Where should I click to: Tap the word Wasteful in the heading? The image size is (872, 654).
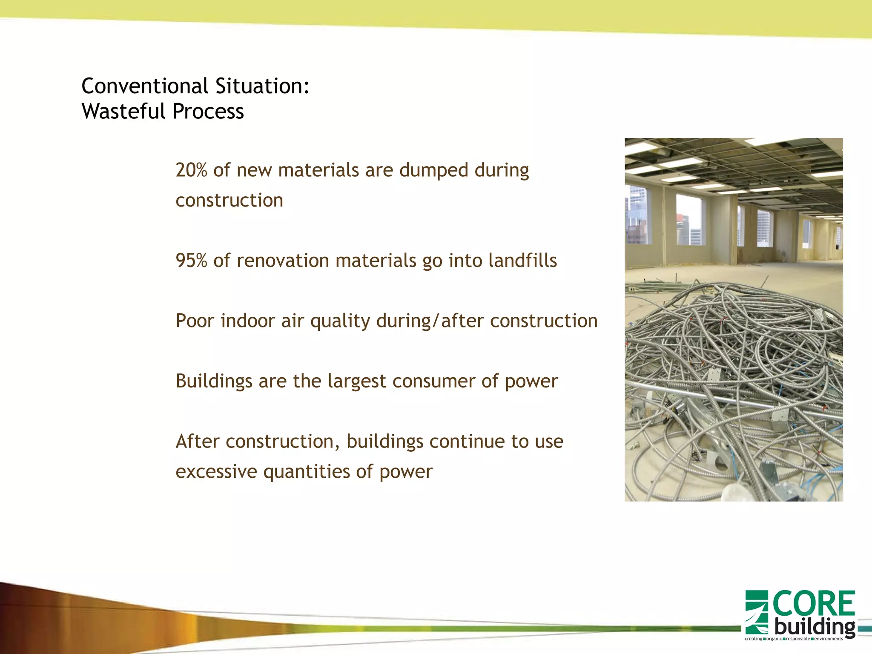pyautogui.click(x=123, y=112)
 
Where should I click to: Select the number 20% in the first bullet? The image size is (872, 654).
pyautogui.click(x=191, y=170)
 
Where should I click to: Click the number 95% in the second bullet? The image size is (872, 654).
pyautogui.click(x=191, y=261)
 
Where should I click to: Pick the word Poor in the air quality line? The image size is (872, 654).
pyautogui.click(x=195, y=321)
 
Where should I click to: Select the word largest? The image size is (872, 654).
pyautogui.click(x=356, y=381)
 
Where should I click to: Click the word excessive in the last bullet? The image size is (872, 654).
pyautogui.click(x=216, y=472)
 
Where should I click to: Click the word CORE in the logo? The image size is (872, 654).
pyautogui.click(x=813, y=604)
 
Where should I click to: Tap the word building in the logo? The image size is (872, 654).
pyautogui.click(x=814, y=627)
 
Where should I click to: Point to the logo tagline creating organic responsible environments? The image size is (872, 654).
pyautogui.click(x=794, y=639)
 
